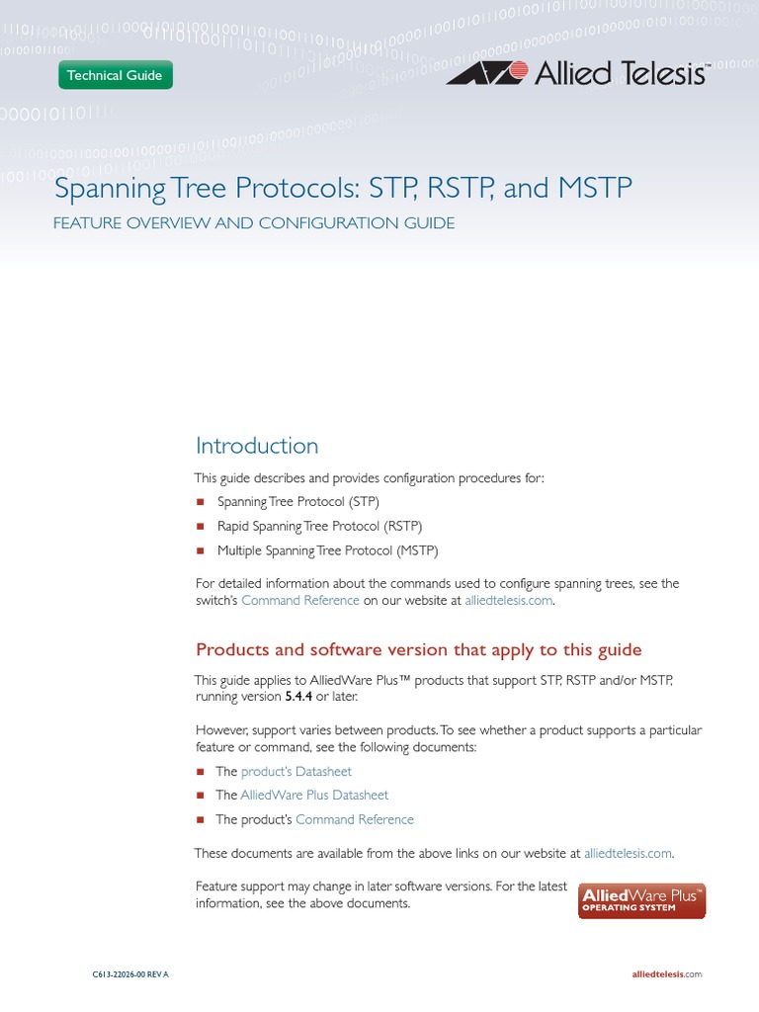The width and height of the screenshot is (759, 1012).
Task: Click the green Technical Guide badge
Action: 116,75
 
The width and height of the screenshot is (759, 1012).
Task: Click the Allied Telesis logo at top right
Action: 577,73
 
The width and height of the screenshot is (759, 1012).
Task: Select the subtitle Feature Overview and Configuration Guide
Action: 254,223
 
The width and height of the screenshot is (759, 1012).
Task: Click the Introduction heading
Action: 257,446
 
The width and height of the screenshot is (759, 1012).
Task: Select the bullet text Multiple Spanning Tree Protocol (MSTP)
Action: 327,550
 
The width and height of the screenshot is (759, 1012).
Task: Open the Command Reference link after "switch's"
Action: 300,601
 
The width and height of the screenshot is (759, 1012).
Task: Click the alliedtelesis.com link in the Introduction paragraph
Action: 508,601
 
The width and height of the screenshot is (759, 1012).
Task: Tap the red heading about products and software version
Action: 419,650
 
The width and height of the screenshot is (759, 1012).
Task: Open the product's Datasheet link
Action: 296,772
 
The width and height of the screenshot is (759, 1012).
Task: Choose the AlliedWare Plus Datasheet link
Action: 314,796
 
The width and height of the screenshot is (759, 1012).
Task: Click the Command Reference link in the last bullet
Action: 355,819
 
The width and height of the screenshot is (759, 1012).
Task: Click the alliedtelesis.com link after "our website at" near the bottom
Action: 628,853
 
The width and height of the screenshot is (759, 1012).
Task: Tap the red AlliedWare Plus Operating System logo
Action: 642,901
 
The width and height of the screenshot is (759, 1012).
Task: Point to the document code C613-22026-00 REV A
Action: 130,974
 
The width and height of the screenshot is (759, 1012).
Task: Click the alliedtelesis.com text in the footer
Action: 666,974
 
